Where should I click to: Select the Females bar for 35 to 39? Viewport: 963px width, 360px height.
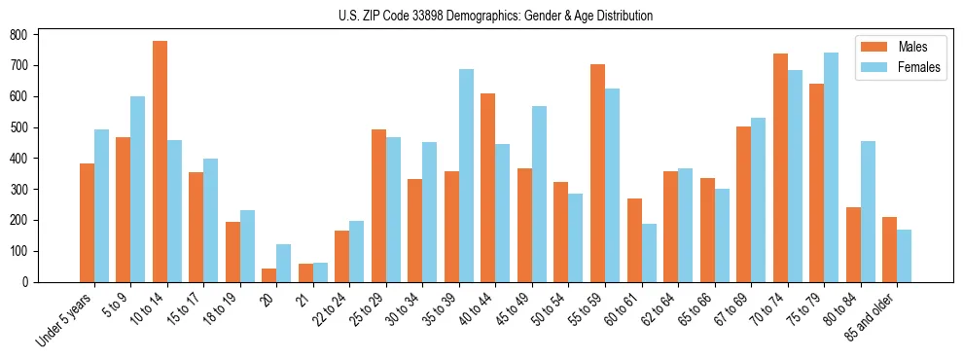point(466,175)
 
